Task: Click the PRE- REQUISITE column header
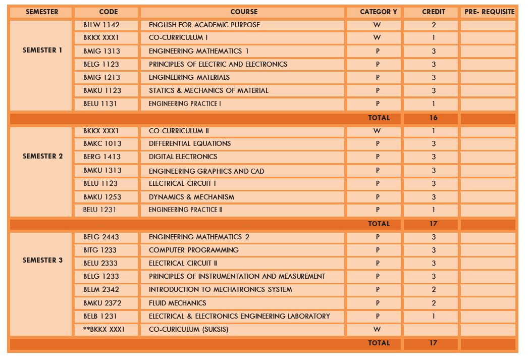(x=489, y=12)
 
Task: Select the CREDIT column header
(x=434, y=12)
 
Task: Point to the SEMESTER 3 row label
(x=42, y=261)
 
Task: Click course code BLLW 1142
(x=101, y=25)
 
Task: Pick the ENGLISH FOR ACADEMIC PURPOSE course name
(x=204, y=25)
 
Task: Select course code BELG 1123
(x=101, y=64)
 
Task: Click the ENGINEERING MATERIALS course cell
(x=189, y=77)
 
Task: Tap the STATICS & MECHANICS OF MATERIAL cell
(x=208, y=90)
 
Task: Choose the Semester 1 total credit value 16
(x=434, y=118)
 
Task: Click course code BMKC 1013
(x=102, y=143)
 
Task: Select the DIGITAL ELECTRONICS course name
(x=183, y=157)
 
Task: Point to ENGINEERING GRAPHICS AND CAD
(x=206, y=171)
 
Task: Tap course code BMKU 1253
(x=102, y=197)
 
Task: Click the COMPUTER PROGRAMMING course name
(x=194, y=250)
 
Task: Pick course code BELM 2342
(x=102, y=289)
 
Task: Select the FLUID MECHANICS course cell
(x=178, y=303)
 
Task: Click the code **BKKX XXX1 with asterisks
(x=103, y=329)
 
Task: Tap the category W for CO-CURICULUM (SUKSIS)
(x=377, y=329)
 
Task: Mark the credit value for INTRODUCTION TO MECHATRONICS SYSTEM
(x=434, y=289)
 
